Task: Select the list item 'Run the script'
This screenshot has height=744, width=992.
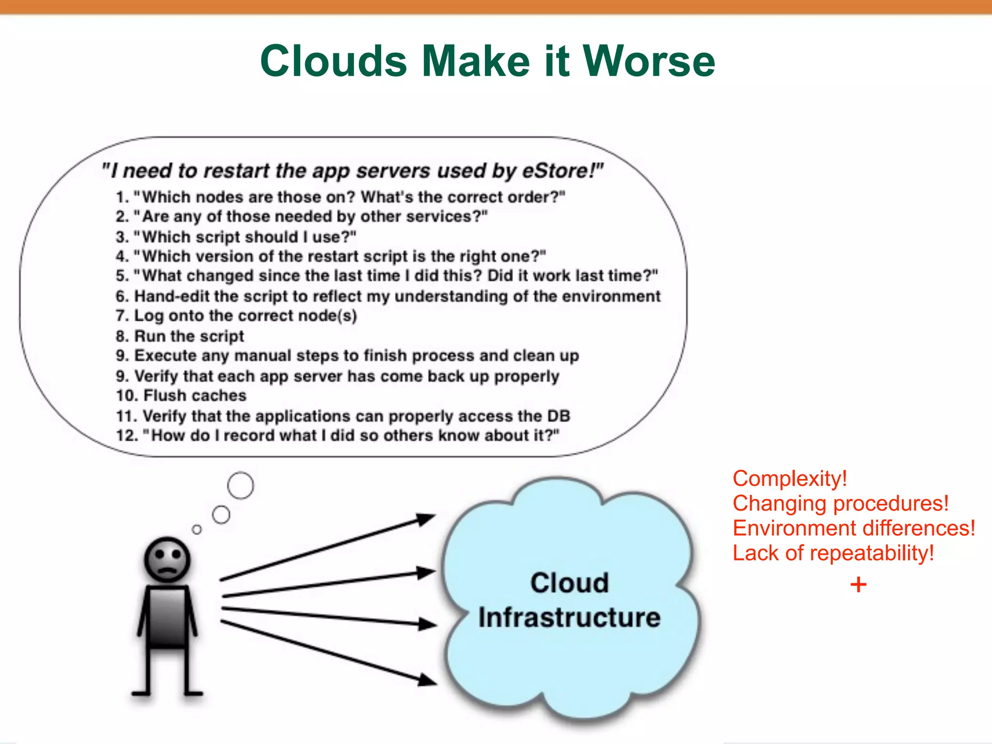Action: (x=189, y=336)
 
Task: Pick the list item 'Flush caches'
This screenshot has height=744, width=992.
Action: (x=195, y=395)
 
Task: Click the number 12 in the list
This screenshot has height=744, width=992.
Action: (x=127, y=435)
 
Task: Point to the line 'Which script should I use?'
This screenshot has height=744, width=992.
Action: (x=245, y=237)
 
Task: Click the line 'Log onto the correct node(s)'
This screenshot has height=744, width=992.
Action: (x=245, y=315)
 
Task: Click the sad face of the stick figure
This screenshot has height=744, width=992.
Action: (x=167, y=559)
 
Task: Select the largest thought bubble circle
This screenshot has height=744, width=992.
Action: (x=240, y=485)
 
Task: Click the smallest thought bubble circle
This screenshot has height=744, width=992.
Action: (x=197, y=529)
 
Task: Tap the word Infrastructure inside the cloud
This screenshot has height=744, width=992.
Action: (x=569, y=618)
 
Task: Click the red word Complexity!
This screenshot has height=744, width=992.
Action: (x=790, y=479)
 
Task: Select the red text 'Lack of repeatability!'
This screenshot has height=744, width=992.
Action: (x=833, y=553)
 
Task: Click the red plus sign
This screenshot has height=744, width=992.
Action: (x=858, y=585)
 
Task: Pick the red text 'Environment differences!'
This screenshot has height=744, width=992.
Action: (x=853, y=528)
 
